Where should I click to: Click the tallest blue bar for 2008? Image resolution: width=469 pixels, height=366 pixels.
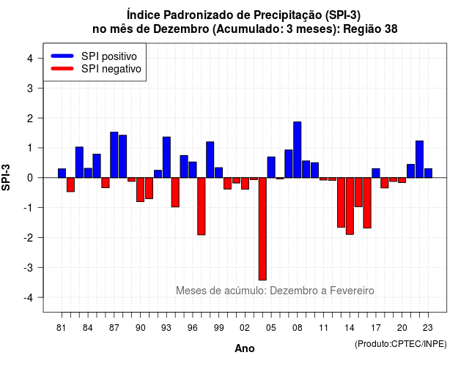click(x=297, y=149)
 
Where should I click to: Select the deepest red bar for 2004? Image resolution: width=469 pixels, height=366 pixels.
click(x=262, y=229)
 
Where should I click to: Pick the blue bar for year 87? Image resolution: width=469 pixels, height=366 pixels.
click(x=114, y=154)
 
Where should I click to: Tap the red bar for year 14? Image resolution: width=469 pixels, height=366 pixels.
click(x=350, y=206)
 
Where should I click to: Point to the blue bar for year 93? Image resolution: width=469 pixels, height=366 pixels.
click(x=166, y=157)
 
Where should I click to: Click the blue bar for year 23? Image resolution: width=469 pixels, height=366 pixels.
click(x=428, y=173)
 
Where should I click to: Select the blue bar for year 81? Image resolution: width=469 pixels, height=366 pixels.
click(x=62, y=173)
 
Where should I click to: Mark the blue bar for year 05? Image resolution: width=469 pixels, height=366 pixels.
click(x=271, y=168)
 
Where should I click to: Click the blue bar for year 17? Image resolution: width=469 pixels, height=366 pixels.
click(x=376, y=173)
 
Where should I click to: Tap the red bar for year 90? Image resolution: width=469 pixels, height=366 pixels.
click(x=140, y=190)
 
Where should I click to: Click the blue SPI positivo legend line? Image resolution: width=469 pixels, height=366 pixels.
click(x=62, y=56)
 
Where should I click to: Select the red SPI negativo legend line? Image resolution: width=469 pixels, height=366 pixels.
click(x=62, y=69)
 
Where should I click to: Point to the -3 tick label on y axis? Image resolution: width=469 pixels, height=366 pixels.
click(x=29, y=268)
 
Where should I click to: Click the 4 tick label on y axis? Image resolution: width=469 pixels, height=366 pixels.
click(x=30, y=59)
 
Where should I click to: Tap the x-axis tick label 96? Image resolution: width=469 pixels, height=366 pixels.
click(x=192, y=328)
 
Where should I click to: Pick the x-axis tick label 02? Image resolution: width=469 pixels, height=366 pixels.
click(x=245, y=328)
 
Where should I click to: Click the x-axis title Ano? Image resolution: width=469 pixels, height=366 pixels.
click(x=244, y=348)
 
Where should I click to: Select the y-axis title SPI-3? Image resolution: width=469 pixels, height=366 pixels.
click(x=6, y=177)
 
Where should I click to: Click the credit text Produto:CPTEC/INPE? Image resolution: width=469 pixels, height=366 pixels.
click(x=401, y=344)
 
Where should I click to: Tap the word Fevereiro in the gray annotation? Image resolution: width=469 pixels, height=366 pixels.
click(x=352, y=291)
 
